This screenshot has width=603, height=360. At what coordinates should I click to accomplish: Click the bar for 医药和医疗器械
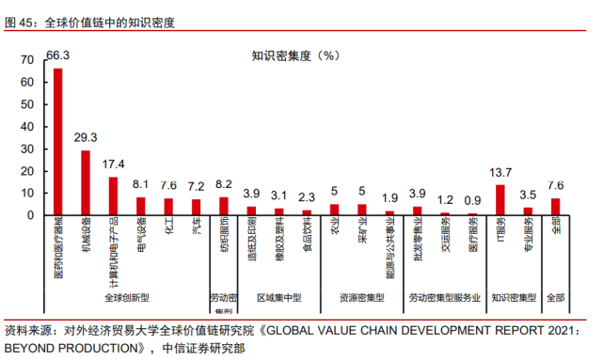tap(57, 141)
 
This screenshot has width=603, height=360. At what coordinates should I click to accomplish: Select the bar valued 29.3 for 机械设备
tap(86, 182)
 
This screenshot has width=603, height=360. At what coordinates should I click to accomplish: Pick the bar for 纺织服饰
tap(224, 206)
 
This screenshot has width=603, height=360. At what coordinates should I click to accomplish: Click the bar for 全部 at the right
tap(556, 206)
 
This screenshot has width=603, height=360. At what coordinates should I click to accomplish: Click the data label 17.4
tap(114, 164)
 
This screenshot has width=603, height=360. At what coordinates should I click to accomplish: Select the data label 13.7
tap(500, 172)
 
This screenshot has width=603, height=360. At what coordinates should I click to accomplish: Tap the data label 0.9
tap(472, 200)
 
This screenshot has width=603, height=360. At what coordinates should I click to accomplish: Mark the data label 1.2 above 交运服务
tap(445, 199)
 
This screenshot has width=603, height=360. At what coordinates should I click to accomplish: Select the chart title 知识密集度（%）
tap(295, 55)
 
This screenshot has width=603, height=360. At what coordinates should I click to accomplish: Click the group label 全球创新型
tap(127, 298)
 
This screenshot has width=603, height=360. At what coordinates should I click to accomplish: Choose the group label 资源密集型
tap(361, 298)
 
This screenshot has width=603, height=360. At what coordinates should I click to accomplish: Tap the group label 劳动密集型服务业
tap(445, 298)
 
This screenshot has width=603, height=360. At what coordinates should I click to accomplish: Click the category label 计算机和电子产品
tap(113, 250)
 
